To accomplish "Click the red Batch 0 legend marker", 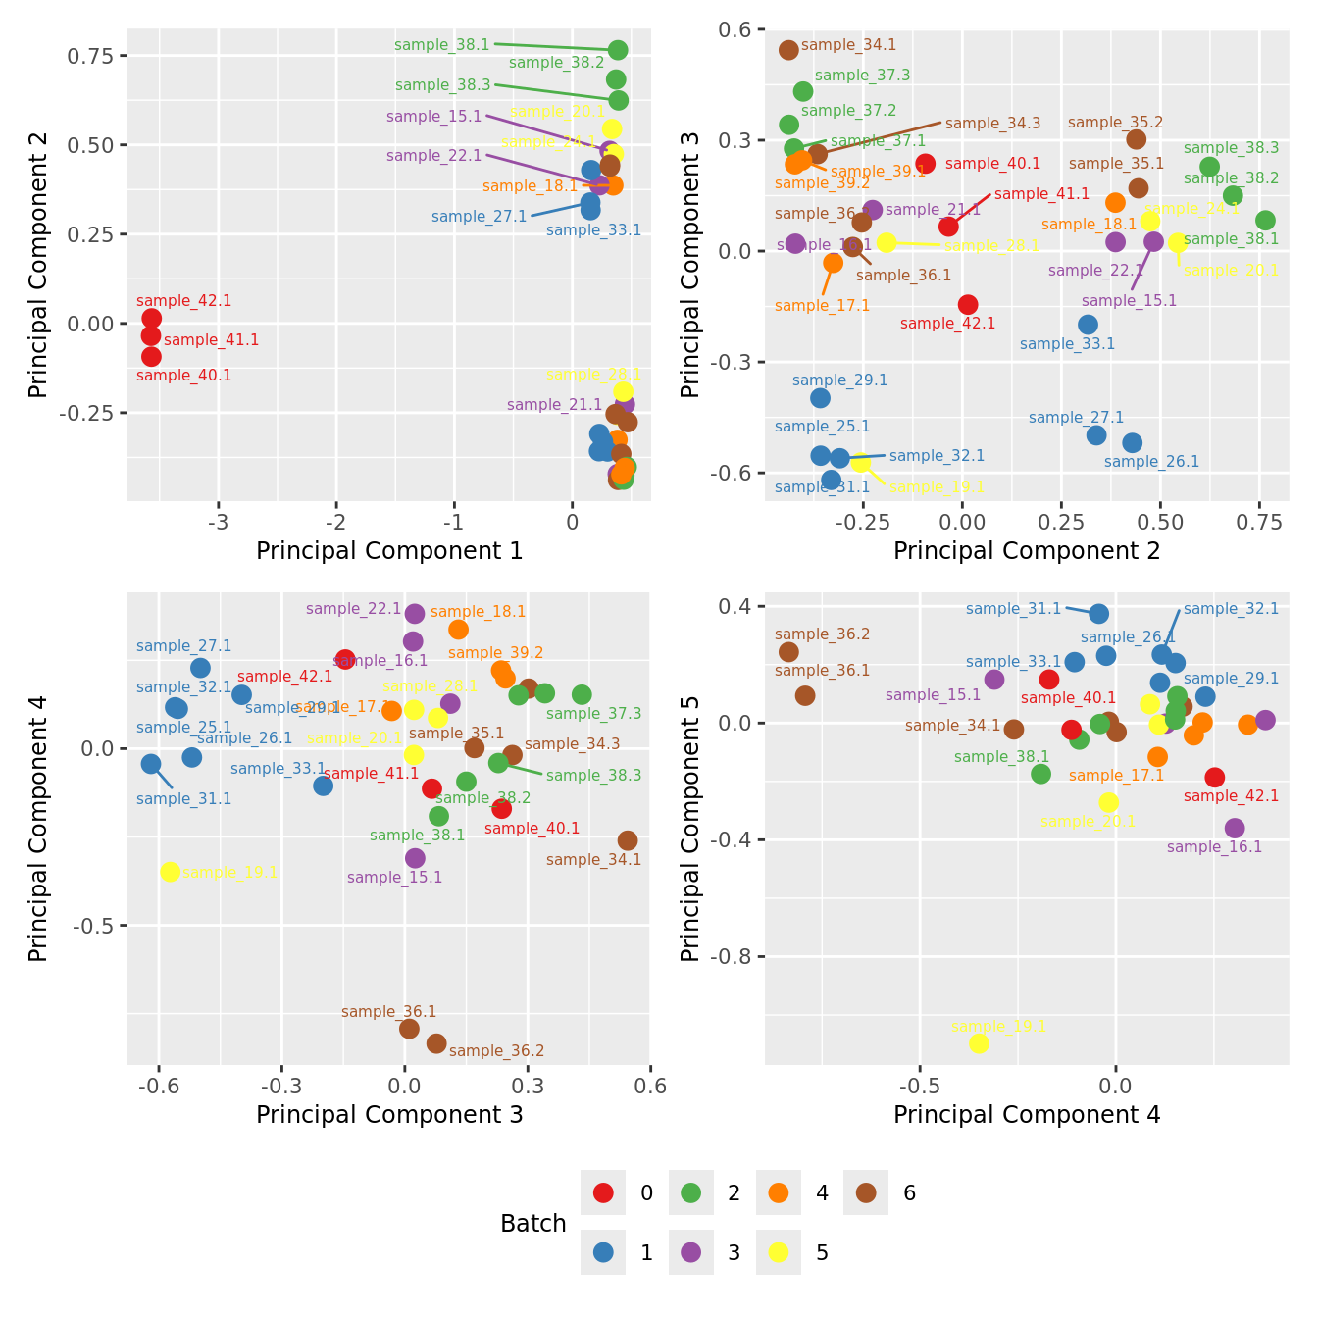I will (x=603, y=1192).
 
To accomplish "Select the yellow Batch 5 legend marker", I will (x=779, y=1252).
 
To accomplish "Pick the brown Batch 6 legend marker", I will (x=866, y=1192).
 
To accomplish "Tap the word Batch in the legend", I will (x=532, y=1223).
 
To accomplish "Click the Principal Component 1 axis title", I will (x=389, y=551).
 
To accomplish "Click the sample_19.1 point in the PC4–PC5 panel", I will (x=979, y=1042).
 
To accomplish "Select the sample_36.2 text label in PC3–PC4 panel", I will (x=496, y=1051).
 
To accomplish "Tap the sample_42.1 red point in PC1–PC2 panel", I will (x=151, y=318).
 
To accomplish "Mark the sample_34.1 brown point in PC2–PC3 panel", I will (x=788, y=50).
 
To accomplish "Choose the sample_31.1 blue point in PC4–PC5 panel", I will (x=1099, y=614).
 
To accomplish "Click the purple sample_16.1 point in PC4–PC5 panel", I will (x=1235, y=829).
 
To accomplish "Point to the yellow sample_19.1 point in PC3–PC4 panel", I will (x=170, y=872).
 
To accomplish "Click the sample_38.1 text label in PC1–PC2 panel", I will (x=441, y=45).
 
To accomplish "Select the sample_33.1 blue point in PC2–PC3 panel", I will (x=1088, y=325).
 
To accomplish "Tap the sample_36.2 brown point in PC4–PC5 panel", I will (x=788, y=652).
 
